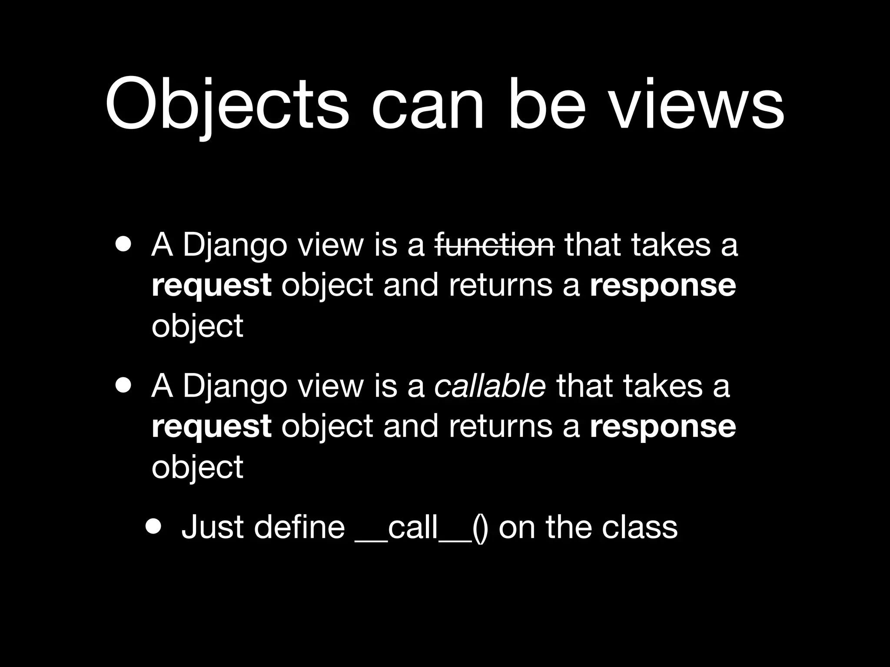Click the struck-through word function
[495, 245]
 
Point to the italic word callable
[490, 386]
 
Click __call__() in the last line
[421, 528]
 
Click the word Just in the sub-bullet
[212, 527]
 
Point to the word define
[299, 527]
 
